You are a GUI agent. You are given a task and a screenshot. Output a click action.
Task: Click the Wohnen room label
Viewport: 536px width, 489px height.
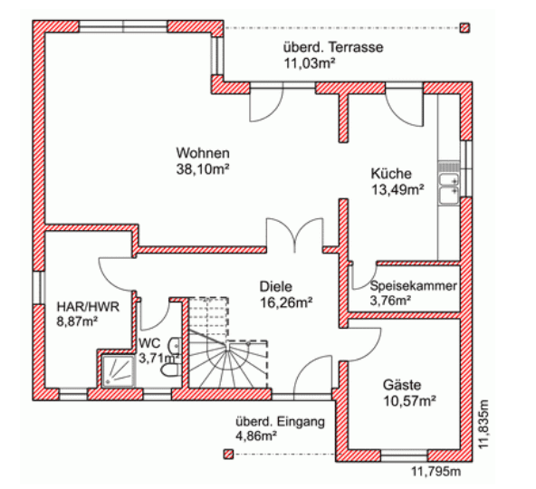pos(203,153)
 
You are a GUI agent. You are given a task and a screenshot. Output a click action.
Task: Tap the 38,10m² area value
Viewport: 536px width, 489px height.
pos(203,169)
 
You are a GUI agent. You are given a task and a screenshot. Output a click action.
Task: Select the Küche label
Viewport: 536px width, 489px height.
pos(391,173)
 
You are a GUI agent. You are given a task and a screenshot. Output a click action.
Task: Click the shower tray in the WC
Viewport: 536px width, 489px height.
pos(119,371)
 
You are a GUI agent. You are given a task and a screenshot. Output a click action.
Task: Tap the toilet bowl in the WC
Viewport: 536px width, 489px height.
pos(169,370)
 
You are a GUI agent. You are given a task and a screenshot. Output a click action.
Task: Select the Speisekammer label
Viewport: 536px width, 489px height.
pos(413,285)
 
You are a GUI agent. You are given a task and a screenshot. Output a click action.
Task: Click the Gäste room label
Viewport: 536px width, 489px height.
pos(402,385)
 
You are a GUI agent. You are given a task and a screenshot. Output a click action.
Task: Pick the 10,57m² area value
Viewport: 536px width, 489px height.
pos(409,400)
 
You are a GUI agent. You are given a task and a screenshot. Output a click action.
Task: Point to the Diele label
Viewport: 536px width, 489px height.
pos(276,286)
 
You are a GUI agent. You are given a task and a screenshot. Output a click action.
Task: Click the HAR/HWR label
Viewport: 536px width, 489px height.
pos(88,306)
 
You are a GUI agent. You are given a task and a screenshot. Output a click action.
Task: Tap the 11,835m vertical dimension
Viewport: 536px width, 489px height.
pos(483,424)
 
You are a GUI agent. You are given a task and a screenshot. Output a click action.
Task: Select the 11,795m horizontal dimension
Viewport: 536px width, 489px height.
pos(435,472)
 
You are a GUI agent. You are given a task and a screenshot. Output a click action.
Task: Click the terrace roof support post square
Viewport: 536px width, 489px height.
pos(464,28)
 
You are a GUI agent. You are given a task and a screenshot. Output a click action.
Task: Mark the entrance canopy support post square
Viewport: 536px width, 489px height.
pos(228,454)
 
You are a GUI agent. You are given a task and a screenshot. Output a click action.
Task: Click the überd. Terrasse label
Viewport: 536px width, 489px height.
pos(333,47)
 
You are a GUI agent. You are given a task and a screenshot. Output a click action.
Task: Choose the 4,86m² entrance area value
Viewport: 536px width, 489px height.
pos(256,436)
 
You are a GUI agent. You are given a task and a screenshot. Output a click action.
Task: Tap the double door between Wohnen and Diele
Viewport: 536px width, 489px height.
pos(294,235)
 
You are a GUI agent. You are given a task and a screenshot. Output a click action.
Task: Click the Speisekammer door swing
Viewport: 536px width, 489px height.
pos(363,275)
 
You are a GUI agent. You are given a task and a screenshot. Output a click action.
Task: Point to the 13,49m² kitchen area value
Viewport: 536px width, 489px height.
pos(397,189)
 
